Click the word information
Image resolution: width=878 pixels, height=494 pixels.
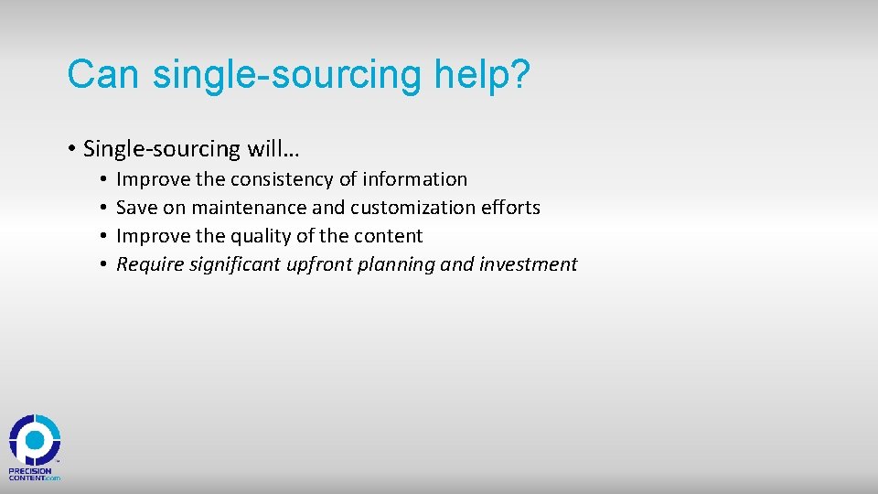coord(415,179)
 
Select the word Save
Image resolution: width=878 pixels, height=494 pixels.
coord(137,208)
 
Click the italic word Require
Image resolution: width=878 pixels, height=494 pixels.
coord(148,264)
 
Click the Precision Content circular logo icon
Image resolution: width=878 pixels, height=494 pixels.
coord(35,440)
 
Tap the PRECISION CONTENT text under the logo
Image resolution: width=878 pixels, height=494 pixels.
coord(33,474)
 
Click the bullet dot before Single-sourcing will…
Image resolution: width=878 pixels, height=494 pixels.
coord(71,148)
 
